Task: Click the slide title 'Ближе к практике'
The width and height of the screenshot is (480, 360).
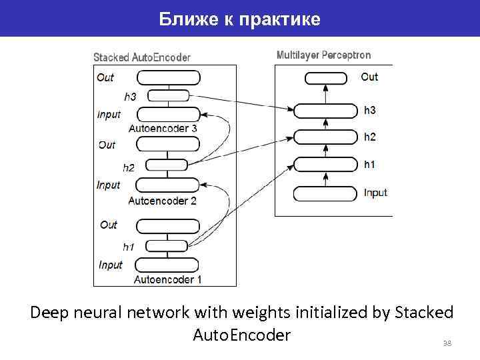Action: (240, 19)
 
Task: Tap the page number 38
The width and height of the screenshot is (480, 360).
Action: (447, 343)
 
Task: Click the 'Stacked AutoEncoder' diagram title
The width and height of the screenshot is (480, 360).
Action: (141, 58)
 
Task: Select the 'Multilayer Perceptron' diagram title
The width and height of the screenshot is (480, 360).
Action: (323, 55)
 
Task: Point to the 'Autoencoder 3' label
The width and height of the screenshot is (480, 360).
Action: (163, 128)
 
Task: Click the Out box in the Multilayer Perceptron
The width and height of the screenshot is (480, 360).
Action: (326, 78)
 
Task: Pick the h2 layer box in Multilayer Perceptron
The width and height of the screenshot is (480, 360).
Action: (325, 137)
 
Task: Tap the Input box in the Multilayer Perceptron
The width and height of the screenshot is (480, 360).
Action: (325, 194)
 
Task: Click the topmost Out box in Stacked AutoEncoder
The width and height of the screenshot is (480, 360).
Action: (167, 77)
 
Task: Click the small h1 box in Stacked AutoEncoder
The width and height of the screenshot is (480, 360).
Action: (167, 245)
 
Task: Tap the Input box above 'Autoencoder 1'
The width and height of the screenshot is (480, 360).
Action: (167, 264)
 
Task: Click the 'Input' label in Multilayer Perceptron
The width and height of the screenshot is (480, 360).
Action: (375, 193)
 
